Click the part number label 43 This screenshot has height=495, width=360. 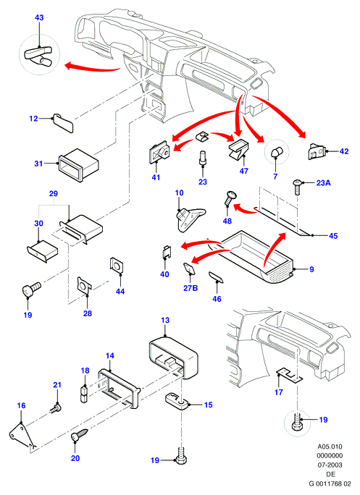tap(39, 17)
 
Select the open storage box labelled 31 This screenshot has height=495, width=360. tap(78, 164)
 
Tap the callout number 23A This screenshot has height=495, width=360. tap(323, 183)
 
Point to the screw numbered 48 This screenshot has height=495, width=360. tap(230, 198)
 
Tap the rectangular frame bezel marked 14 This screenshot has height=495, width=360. tap(119, 389)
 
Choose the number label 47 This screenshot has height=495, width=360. tap(243, 171)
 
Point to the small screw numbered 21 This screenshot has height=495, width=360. tap(56, 408)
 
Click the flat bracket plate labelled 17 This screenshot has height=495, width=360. tap(289, 375)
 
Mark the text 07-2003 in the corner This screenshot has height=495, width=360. tap(330, 465)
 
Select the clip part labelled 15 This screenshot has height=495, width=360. tap(177, 401)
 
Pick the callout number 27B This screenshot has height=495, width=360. tap(191, 288)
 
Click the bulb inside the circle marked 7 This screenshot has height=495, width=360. tap(277, 153)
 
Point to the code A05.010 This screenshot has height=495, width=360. tap(330, 447)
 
